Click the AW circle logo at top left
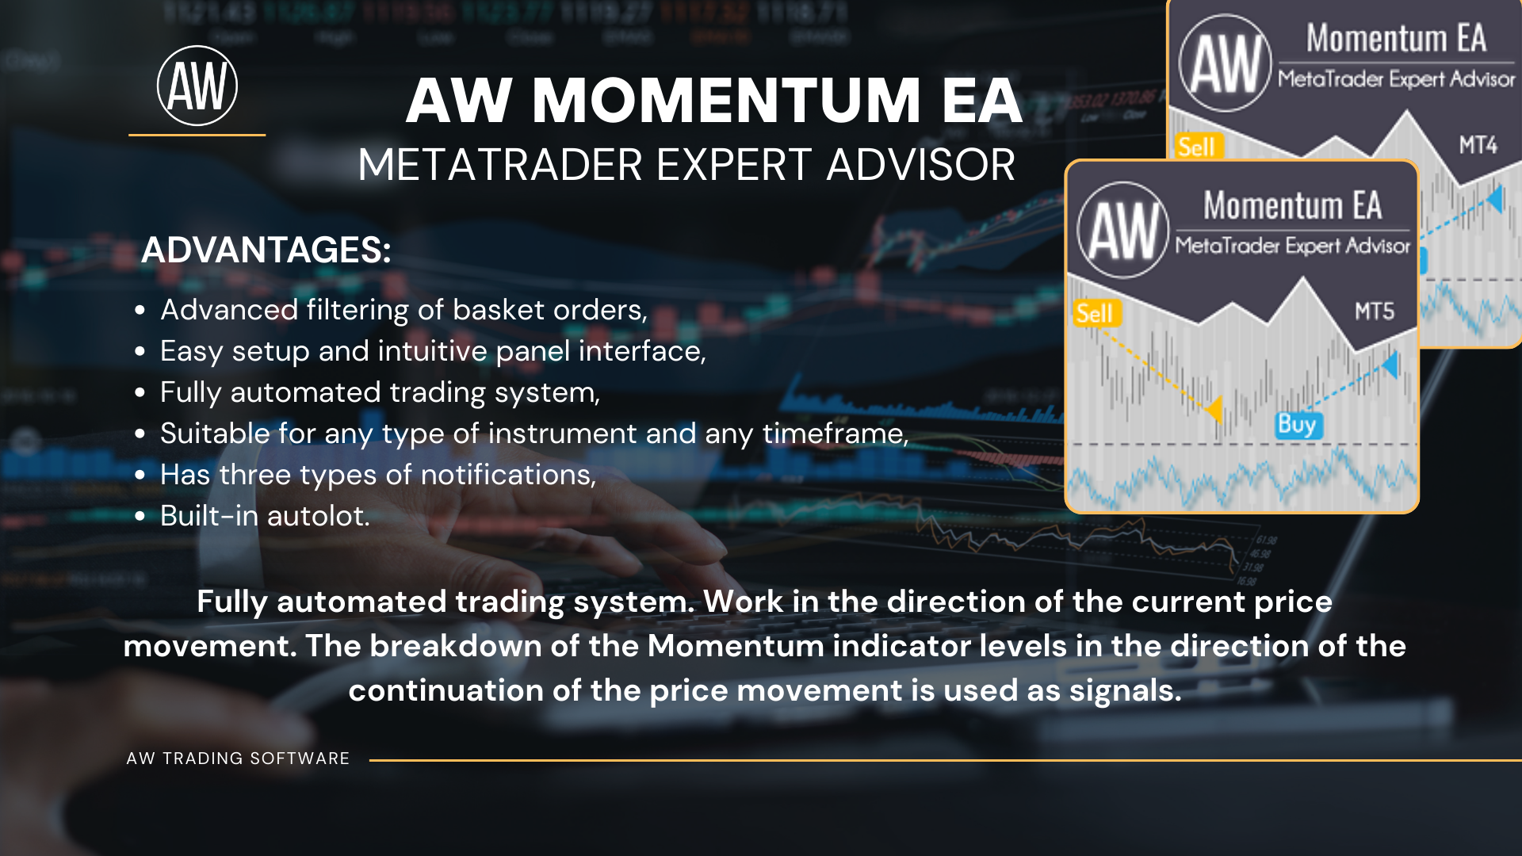tap(197, 86)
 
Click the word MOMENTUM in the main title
tap(726, 101)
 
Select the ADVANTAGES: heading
tap(266, 250)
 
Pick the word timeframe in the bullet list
tap(835, 434)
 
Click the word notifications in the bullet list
tap(507, 475)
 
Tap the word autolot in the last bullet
tap(318, 516)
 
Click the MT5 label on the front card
tap(1375, 311)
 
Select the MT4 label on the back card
tap(1478, 145)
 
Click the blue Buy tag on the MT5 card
tap(1297, 425)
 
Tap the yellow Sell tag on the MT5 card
tap(1095, 313)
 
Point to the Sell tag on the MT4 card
tap(1197, 147)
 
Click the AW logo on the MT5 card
tap(1123, 230)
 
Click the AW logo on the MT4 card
tap(1226, 63)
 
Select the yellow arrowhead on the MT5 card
tap(1214, 409)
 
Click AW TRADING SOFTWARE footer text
tap(238, 759)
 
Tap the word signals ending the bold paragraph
tap(1126, 691)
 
